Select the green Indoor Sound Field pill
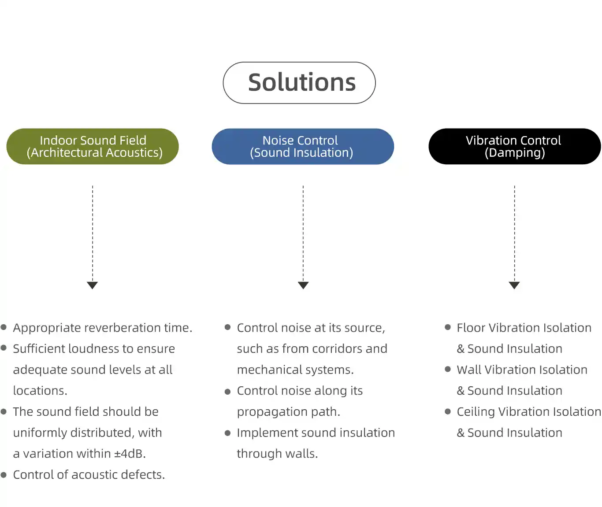[93, 146]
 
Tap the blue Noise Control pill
[303, 146]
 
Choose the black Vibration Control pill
[515, 146]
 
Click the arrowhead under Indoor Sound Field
[92, 285]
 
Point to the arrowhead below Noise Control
[303, 285]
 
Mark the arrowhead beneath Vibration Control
[514, 285]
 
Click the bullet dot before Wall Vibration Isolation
[448, 369]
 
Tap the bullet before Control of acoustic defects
[4, 475]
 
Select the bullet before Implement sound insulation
[227, 433]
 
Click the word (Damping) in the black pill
[515, 153]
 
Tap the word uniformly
[40, 433]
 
